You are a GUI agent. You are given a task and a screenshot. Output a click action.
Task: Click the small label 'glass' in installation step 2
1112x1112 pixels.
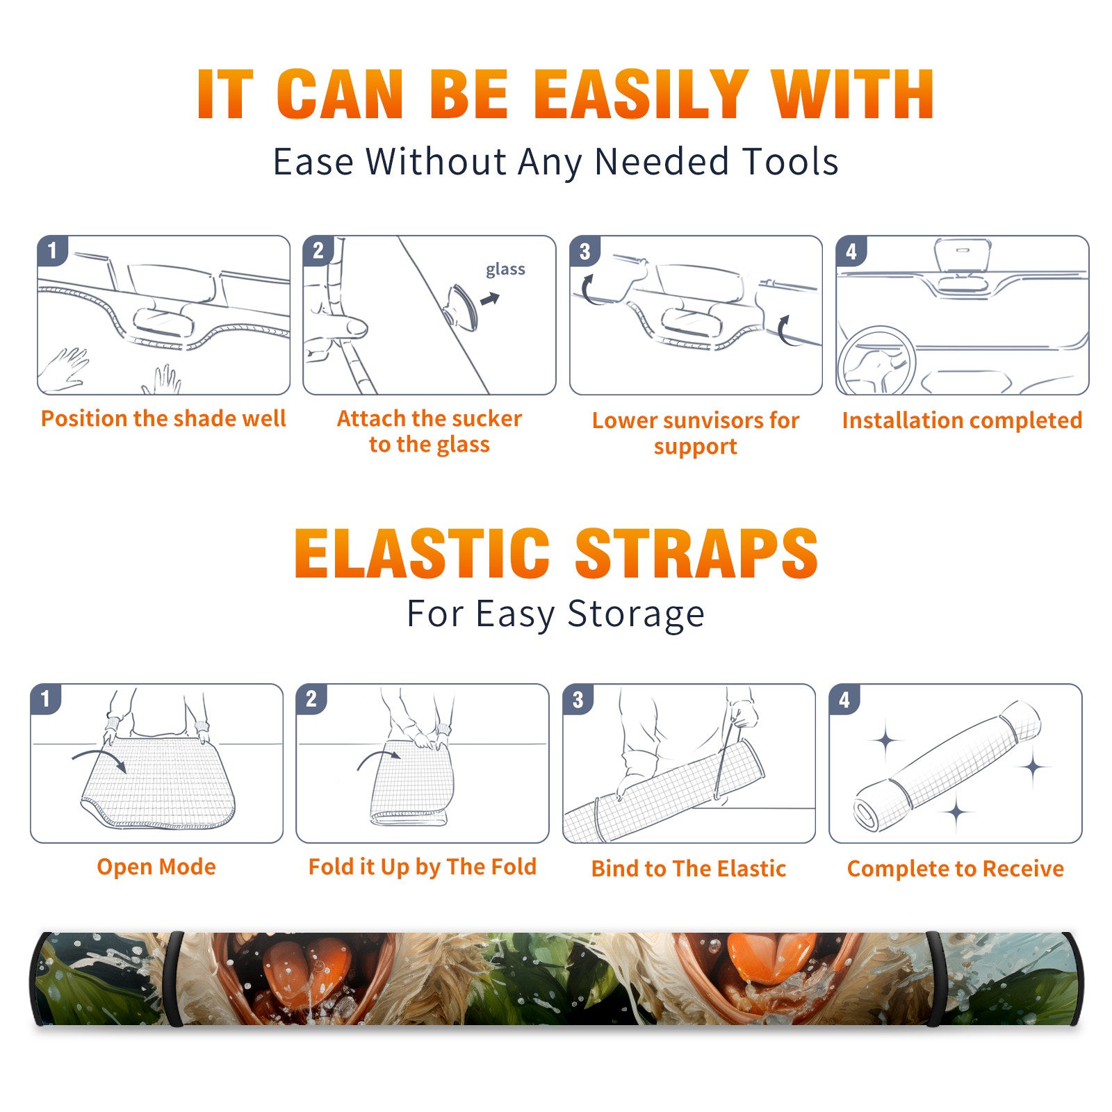tap(505, 270)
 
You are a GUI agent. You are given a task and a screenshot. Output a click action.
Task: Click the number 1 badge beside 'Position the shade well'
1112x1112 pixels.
tap(52, 250)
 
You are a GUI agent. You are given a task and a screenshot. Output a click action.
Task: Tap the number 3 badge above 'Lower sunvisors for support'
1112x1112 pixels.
tap(584, 250)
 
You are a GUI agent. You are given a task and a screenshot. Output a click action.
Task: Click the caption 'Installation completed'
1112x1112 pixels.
tap(962, 420)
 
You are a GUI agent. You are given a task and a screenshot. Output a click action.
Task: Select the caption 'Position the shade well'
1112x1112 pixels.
tap(163, 418)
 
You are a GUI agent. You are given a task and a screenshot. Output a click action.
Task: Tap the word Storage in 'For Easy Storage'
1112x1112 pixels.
tap(636, 614)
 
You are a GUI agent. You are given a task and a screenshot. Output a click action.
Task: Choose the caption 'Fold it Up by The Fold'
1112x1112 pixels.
tap(423, 867)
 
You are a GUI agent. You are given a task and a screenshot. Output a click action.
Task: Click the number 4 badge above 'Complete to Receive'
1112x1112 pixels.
tap(844, 698)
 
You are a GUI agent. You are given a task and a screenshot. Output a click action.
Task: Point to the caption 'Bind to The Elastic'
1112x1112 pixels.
tap(689, 869)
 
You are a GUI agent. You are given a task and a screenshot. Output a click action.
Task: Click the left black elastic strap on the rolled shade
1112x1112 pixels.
tap(174, 979)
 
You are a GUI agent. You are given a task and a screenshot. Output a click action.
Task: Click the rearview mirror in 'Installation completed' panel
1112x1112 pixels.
tap(963, 254)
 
